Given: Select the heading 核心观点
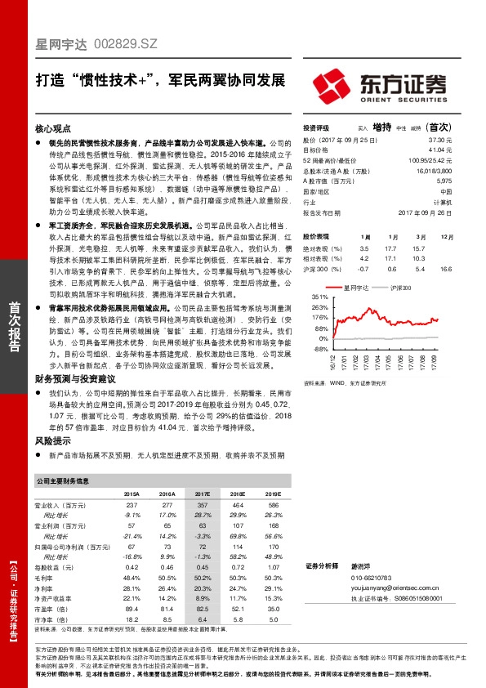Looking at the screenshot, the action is pos(53,129).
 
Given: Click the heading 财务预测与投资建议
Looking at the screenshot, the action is pos(73,379).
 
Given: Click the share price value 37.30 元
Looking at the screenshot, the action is pos(440,141).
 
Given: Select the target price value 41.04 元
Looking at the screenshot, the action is pos(440,150).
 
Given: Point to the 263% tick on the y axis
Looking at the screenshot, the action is pos(319,308).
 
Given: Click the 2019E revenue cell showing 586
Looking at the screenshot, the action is pos(274,507).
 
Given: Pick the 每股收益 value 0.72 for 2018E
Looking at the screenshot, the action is pos(239,566).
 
